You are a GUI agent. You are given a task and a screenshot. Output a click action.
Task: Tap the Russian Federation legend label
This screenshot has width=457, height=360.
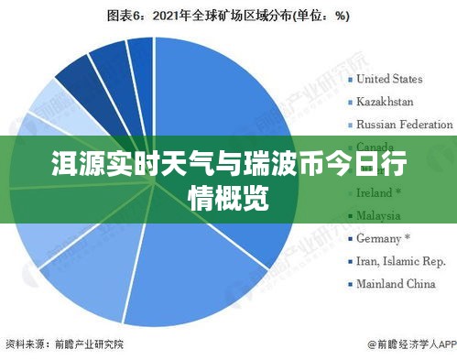click(404, 124)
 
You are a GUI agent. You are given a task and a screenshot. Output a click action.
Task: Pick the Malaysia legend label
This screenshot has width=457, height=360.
click(378, 216)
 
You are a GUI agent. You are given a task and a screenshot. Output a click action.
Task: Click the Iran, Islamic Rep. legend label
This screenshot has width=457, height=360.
click(400, 261)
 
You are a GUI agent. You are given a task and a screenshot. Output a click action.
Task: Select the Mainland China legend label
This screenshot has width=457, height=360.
click(395, 284)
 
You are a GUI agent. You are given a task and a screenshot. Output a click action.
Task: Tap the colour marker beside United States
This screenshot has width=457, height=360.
click(350, 79)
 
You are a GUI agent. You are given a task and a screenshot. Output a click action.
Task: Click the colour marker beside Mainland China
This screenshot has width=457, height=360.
click(350, 285)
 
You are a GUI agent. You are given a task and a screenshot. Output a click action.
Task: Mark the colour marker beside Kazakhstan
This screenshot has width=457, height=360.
click(350, 102)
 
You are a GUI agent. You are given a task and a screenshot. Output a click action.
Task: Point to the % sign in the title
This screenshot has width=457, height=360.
click(341, 15)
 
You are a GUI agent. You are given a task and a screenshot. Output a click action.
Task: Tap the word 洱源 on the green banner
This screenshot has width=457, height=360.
click(71, 169)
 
